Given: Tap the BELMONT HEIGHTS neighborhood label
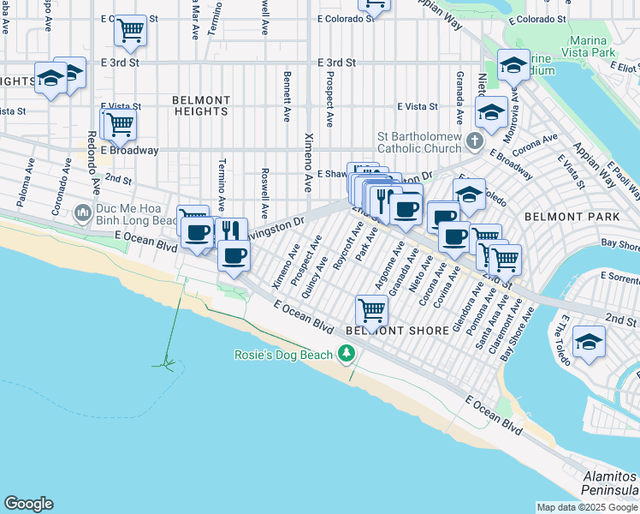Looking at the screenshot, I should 201,105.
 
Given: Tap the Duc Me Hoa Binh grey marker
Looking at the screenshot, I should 82,212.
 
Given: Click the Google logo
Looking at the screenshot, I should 28,504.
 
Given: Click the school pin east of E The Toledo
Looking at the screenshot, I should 588,341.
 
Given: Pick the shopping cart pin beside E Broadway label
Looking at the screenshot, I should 120,124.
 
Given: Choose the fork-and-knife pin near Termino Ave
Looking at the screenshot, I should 230,230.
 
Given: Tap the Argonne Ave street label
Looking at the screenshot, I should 388,269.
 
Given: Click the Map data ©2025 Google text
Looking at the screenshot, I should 588,507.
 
